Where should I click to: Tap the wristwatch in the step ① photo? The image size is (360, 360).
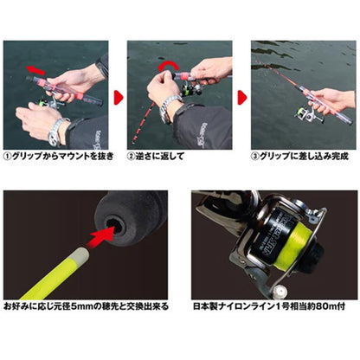pyautogui.click(x=56, y=129)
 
